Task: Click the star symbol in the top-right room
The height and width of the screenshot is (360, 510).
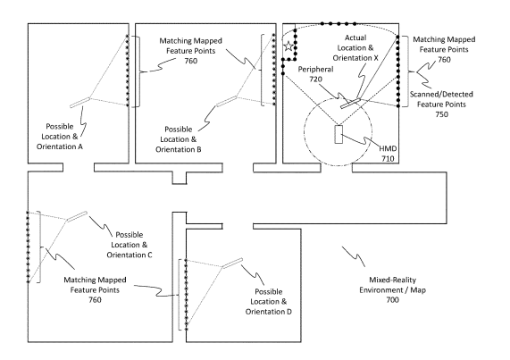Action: [x=288, y=46]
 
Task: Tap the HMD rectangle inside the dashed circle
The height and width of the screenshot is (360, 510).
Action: [x=339, y=134]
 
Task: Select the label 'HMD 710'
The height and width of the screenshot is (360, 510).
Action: [x=388, y=154]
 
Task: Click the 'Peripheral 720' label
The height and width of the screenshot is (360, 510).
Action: [x=315, y=74]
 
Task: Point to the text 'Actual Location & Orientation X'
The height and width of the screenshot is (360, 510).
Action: [x=355, y=48]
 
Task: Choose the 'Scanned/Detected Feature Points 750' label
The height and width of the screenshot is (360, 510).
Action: [x=441, y=104]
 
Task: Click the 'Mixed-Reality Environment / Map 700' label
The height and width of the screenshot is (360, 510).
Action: [x=393, y=289]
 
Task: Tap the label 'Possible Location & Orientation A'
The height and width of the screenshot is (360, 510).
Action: [x=60, y=137]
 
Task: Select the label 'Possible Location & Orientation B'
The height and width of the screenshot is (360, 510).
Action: [x=179, y=139]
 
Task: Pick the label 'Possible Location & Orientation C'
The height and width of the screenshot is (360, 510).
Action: [x=130, y=245]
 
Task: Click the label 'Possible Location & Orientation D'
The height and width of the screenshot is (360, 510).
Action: [x=269, y=301]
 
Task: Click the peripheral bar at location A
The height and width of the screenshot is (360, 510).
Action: [x=80, y=102]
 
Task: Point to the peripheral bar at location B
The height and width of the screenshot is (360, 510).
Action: [x=226, y=101]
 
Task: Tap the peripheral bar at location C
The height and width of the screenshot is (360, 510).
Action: [x=77, y=216]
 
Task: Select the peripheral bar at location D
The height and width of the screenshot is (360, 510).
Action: [x=232, y=263]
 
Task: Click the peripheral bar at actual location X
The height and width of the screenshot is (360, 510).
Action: [x=351, y=103]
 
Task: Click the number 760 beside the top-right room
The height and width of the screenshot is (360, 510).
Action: [x=444, y=60]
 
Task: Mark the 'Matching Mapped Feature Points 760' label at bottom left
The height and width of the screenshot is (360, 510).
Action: [x=95, y=289]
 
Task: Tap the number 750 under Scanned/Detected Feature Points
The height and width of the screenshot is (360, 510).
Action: [x=442, y=114]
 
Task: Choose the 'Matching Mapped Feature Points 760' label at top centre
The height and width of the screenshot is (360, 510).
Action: [x=190, y=51]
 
